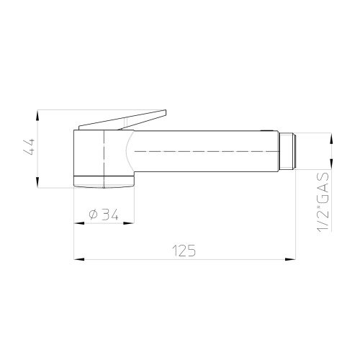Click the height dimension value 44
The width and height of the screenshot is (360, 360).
[x=29, y=149]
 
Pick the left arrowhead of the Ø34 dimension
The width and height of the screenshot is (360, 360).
[x=78, y=222]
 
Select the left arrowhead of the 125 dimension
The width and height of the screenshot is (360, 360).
[x=78, y=258]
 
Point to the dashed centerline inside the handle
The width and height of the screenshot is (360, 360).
[x=202, y=152]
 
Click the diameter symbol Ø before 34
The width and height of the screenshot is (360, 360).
[x=93, y=214]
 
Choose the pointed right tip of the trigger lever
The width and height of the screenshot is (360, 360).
[x=167, y=112]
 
